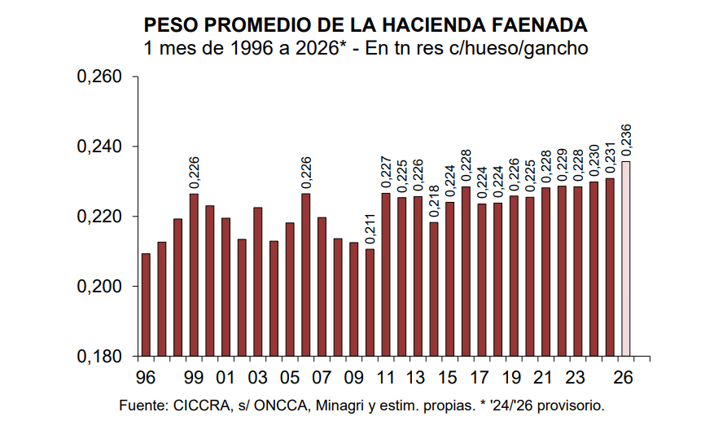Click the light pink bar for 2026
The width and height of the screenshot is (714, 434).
pos(626,259)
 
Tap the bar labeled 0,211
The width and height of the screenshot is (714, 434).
pos(370,302)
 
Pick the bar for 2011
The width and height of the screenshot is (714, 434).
pos(386,274)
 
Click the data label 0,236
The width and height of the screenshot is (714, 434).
pos(626,140)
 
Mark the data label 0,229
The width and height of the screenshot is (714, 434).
pos(562,167)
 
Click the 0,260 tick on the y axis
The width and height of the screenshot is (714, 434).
pos(99,77)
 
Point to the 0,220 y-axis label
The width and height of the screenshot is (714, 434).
pos(99,217)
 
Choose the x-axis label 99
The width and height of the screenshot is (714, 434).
pos(194,379)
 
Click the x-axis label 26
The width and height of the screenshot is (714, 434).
pos(624,379)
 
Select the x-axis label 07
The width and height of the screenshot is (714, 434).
pos(322,379)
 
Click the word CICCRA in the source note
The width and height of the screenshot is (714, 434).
pos(195,405)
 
